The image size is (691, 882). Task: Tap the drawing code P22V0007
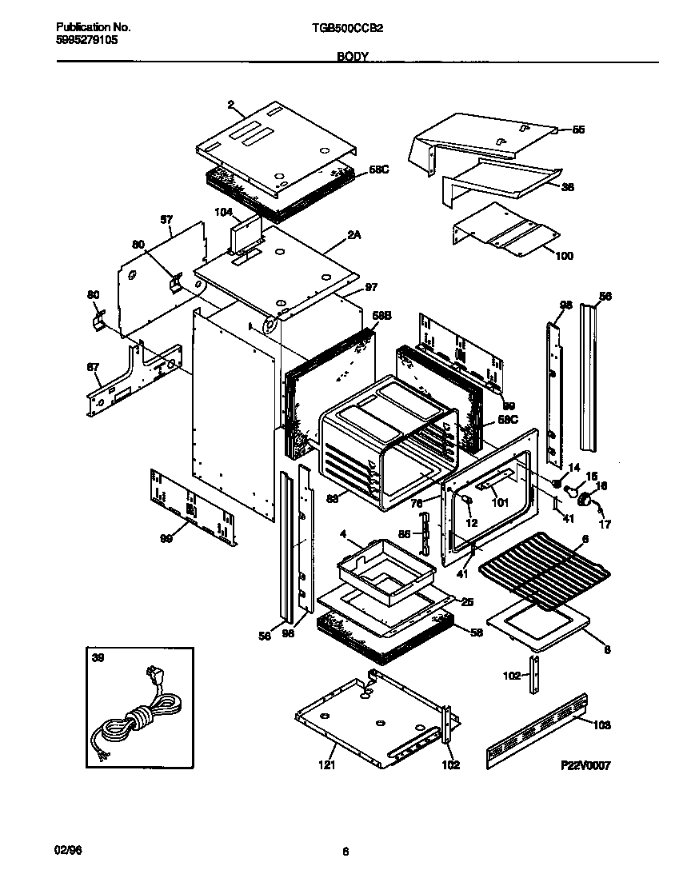point(585,765)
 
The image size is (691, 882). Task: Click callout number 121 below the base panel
point(326,765)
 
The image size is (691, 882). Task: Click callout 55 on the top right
point(578,130)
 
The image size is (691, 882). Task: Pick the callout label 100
point(564,256)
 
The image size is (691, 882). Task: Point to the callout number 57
point(166,218)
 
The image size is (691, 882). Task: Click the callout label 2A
point(353,235)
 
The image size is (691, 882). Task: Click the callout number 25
point(467,601)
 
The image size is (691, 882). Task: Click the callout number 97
point(370,286)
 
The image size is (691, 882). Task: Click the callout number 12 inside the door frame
point(472,523)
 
